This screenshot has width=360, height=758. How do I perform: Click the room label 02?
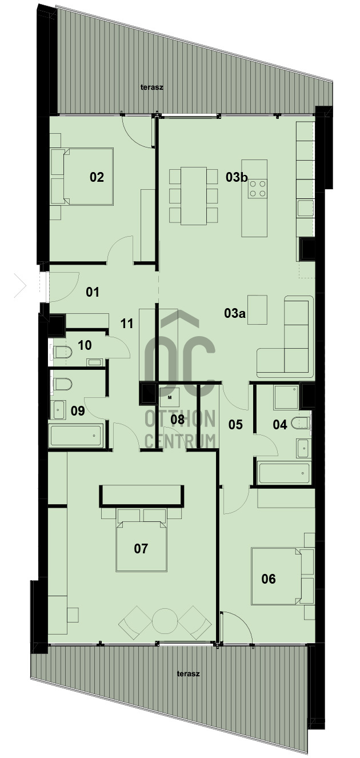97,177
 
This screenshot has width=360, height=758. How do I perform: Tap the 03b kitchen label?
237,177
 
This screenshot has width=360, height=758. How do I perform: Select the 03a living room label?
234,313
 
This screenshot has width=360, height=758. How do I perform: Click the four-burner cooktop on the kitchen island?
257,189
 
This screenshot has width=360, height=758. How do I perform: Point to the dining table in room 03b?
194,196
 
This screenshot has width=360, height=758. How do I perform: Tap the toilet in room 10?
63,353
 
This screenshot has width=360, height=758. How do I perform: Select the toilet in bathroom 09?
63,384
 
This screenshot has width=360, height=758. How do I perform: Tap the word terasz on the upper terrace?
152,87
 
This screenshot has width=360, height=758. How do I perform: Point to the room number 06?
269,579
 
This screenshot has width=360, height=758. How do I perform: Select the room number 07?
141,549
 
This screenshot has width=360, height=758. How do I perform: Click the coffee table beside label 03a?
257,310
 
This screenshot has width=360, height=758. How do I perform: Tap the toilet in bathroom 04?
301,422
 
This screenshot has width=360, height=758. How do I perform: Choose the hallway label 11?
127,324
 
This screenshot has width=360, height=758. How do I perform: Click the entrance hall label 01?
93,292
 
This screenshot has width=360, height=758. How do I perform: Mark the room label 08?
177,420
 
